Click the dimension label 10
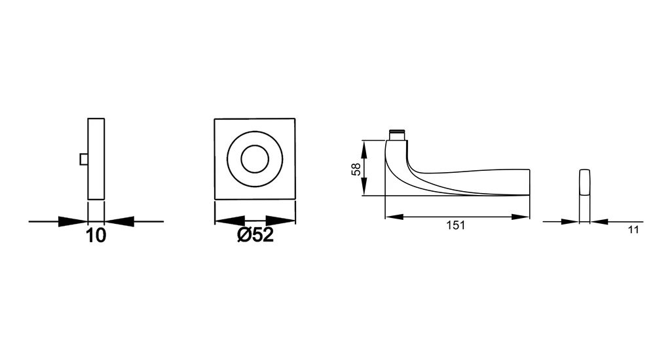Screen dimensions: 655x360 96,236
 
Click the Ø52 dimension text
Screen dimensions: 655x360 255,235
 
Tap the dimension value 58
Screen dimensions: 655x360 356,169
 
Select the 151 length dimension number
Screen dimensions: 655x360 455,225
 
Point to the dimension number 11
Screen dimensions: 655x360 633,230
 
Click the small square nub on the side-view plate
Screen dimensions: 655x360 84,159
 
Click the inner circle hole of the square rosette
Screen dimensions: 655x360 255,159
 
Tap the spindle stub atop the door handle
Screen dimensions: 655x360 398,135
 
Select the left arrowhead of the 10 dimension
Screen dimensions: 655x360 73,221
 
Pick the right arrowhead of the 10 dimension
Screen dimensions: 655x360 119,221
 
